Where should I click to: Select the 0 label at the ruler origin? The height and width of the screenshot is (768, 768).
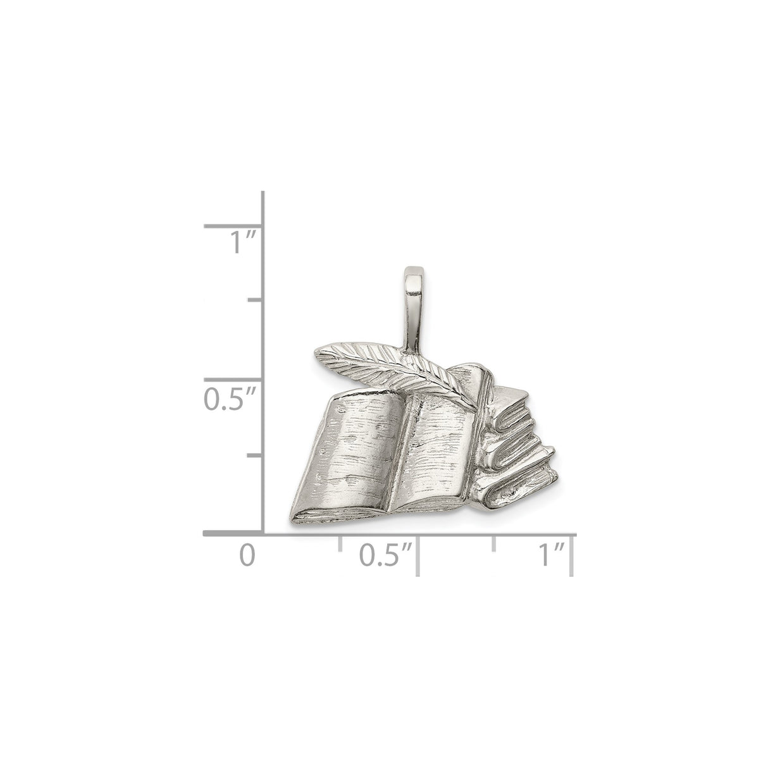(x=247, y=555)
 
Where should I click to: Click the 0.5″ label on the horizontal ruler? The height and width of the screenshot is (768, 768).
(x=385, y=555)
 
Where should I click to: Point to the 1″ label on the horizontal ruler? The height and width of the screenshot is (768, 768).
(x=552, y=555)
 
